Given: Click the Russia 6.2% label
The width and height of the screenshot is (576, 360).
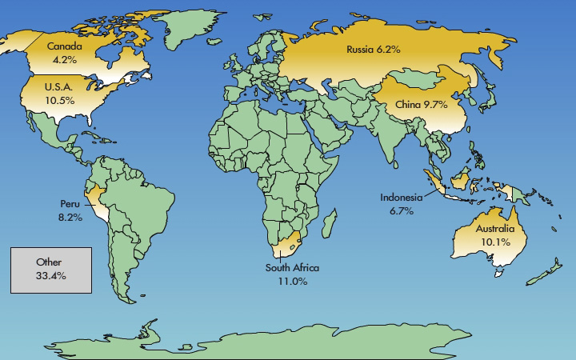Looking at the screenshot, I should [373, 50].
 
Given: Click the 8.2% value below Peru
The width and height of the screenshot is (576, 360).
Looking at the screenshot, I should [70, 217].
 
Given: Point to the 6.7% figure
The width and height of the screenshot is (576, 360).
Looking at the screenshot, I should [402, 211].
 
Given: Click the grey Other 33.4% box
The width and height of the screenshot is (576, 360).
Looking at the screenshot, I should [50, 269].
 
